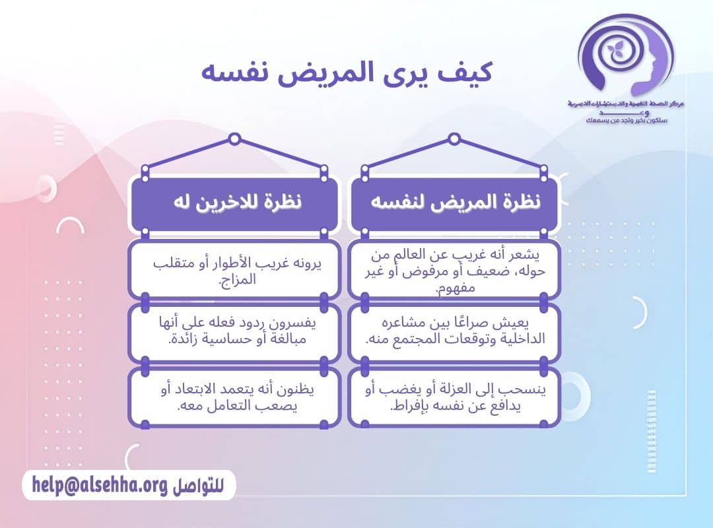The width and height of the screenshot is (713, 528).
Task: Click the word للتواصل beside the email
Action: click(x=199, y=486)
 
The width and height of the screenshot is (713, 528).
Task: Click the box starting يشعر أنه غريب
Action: click(x=454, y=270)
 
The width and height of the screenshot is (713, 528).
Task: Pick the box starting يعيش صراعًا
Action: click(x=454, y=333)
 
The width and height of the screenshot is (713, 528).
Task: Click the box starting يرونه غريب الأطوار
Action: click(x=234, y=270)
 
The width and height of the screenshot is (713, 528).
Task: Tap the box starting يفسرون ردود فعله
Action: click(x=234, y=333)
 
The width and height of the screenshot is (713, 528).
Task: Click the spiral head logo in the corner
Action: click(x=624, y=56)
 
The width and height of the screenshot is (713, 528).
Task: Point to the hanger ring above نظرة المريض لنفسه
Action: click(x=454, y=139)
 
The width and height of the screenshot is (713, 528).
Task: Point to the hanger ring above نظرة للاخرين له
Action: click(x=234, y=139)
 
